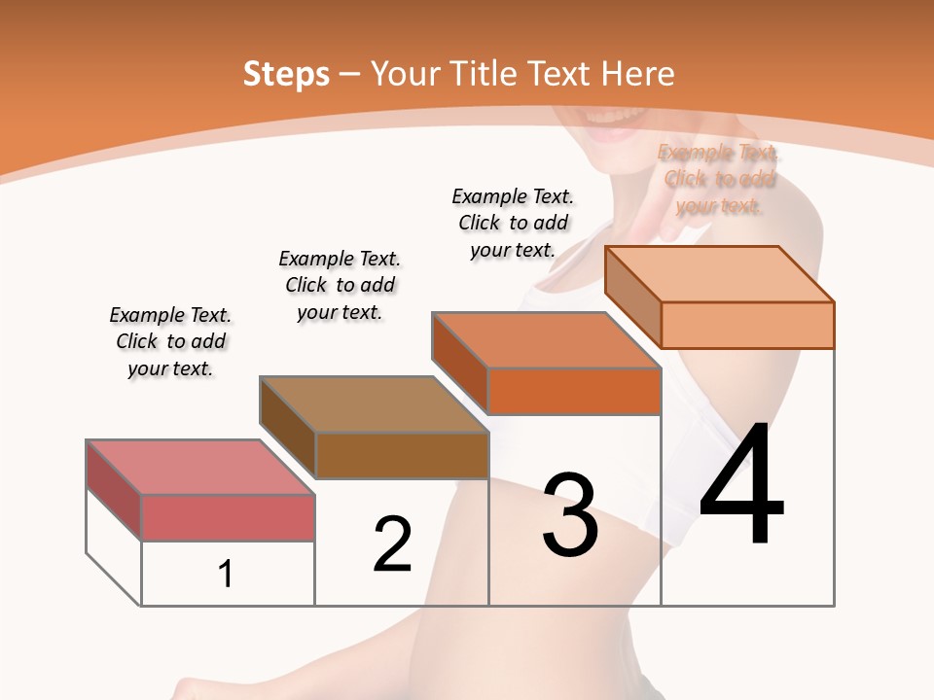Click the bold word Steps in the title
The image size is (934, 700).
(286, 74)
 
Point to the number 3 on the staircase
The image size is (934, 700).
(570, 515)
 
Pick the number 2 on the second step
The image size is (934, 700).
(393, 544)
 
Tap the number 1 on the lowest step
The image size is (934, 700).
(226, 574)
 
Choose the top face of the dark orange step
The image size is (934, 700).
(546, 340)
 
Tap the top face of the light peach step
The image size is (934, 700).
(719, 274)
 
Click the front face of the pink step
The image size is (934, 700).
(228, 517)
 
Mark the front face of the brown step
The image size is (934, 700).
(401, 455)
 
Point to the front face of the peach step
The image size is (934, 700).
(747, 325)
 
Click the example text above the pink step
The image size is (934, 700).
(170, 341)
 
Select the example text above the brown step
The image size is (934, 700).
(340, 285)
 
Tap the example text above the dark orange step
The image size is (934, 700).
(513, 223)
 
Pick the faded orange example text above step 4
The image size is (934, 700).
(719, 179)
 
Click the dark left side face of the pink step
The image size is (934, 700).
(114, 489)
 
